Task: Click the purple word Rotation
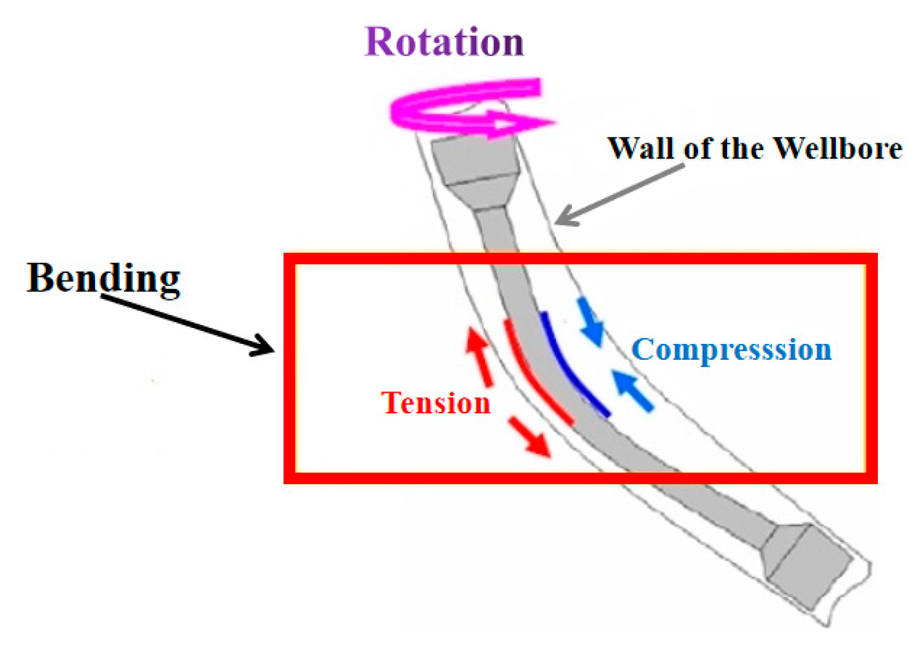444,42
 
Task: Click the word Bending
104,278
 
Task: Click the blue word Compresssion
731,349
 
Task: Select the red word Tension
435,403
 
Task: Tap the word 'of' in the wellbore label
699,148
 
